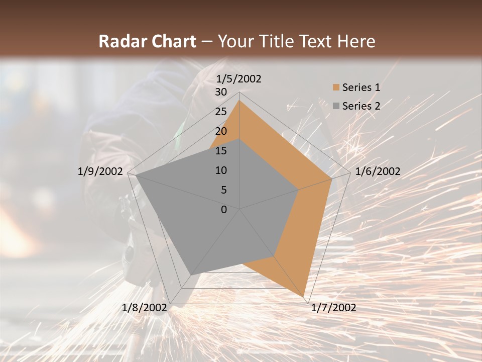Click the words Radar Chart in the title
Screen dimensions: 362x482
pos(147,41)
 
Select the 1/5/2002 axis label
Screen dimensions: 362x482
pos(238,78)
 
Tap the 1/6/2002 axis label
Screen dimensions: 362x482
pos(378,171)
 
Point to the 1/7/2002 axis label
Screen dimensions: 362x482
pos(333,308)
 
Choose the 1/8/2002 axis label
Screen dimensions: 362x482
pos(145,308)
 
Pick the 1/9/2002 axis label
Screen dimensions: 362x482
pos(100,171)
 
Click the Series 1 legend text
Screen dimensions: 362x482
pos(361,87)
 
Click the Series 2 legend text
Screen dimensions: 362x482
pos(361,106)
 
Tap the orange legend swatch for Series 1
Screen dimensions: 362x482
pos(336,87)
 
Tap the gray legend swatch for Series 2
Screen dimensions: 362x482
pos(336,106)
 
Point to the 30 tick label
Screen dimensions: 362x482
pos(221,92)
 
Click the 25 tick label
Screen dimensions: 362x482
pos(221,112)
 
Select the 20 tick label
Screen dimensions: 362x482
pos(221,131)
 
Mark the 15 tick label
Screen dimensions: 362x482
pos(221,151)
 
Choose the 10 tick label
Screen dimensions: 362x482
pos(221,170)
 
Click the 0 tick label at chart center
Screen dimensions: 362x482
pos(224,210)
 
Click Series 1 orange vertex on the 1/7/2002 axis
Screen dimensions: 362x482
pos(303,296)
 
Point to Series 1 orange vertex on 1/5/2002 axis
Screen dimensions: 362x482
pos(239,101)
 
